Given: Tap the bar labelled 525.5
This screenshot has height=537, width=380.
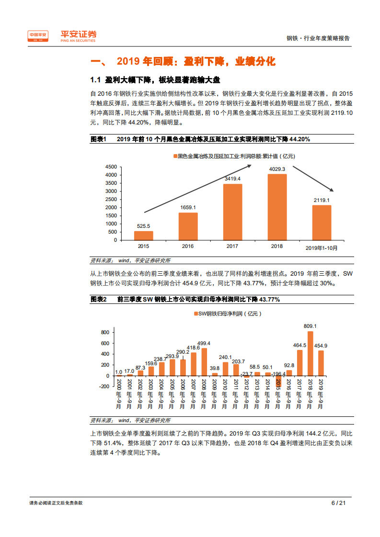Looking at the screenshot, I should coord(143,235).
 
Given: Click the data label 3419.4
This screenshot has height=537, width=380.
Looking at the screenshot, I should coord(232,179).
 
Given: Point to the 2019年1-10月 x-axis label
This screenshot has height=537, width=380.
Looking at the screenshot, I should coord(322,247).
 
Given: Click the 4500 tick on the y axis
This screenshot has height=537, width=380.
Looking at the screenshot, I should coord(110,167).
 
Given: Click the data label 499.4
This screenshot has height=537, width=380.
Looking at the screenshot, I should coord(204,343).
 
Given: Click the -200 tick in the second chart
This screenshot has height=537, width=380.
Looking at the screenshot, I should coord(105,387).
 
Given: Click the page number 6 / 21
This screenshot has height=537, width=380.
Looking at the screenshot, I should coord(338,503).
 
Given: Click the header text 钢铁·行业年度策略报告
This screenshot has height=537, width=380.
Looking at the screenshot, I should coord(318,39).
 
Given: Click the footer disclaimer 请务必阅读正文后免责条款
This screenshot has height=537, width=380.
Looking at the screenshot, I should coord(56,503).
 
